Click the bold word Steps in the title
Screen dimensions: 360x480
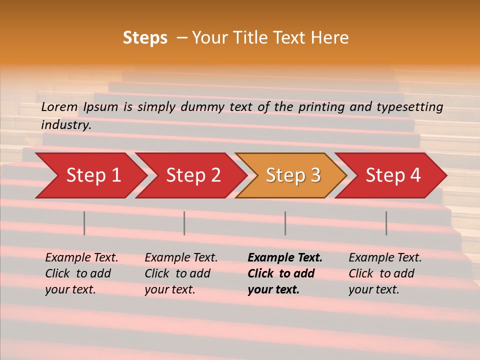(x=145, y=38)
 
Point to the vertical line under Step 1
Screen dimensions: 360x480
(x=84, y=223)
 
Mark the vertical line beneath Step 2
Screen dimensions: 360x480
(x=184, y=223)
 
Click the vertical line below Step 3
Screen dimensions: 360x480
(x=285, y=223)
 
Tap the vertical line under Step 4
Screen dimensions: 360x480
(x=386, y=223)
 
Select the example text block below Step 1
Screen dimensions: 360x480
(x=81, y=273)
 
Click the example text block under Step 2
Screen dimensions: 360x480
(x=181, y=273)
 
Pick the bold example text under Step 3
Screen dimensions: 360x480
(x=284, y=273)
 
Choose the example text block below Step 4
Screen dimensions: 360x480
(x=385, y=273)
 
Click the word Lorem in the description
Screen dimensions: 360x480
(x=59, y=106)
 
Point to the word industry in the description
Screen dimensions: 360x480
(x=66, y=125)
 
